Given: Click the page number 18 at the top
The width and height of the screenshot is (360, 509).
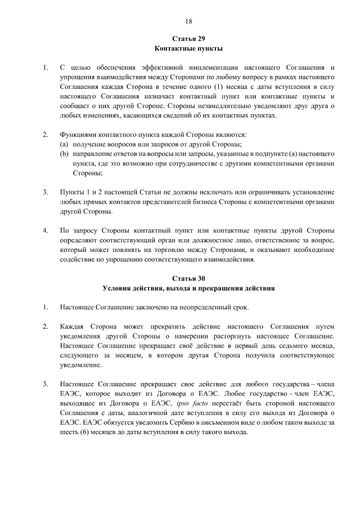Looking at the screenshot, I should tap(188, 21).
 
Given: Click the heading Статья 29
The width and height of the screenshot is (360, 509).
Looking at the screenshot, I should tap(188, 39).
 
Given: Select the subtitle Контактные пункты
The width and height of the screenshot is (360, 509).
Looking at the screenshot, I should tap(188, 48).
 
